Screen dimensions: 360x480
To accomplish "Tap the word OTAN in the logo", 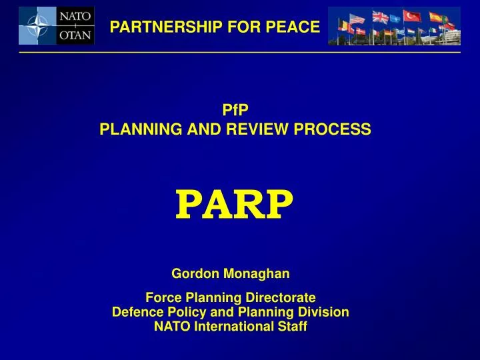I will pos(77,35).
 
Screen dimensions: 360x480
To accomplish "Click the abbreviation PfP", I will pos(235,113).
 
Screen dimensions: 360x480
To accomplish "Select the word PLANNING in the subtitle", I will pos(133,130).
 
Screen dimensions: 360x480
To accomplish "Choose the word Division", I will pos(326,312).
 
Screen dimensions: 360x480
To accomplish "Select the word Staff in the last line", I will pos(294,327).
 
